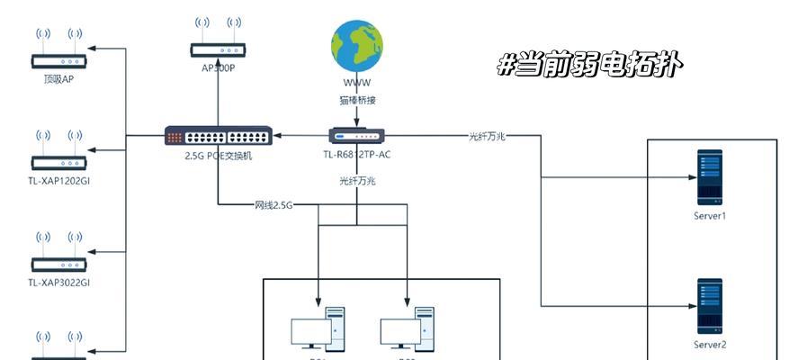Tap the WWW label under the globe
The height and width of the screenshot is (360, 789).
click(x=356, y=83)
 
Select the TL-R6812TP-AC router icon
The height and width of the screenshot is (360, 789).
click(x=356, y=136)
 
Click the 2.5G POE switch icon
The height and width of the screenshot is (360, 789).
click(x=218, y=137)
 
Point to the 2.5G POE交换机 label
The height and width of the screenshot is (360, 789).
click(x=219, y=156)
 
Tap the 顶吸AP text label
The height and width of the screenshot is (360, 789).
click(x=58, y=78)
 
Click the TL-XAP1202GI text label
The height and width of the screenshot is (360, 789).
click(x=59, y=179)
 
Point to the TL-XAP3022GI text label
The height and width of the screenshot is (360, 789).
click(x=59, y=282)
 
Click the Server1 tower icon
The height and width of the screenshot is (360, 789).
click(x=710, y=178)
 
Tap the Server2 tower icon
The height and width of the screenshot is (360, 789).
click(x=710, y=306)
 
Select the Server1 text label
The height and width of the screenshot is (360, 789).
click(x=710, y=216)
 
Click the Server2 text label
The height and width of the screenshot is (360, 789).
click(x=710, y=344)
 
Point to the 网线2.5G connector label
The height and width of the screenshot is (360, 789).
click(x=274, y=205)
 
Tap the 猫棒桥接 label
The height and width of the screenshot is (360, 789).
click(x=357, y=101)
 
